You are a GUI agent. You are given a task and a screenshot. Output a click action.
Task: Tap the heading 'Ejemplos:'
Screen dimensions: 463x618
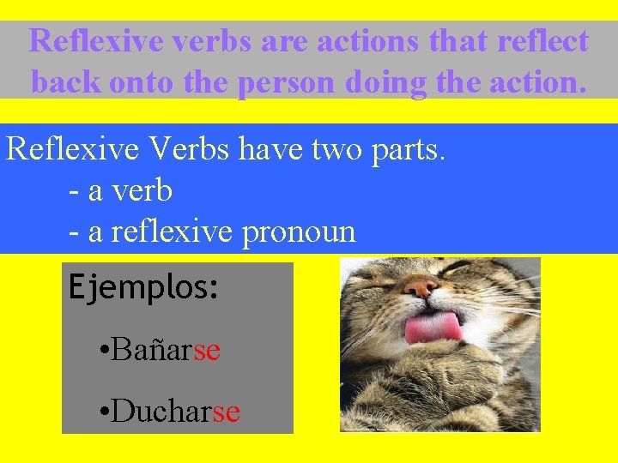(x=143, y=286)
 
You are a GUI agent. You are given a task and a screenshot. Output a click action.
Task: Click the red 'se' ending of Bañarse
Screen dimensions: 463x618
(x=207, y=349)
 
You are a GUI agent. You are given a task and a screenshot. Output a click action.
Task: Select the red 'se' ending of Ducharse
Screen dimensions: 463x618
(x=226, y=412)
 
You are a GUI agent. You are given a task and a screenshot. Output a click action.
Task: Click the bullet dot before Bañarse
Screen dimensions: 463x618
(x=102, y=351)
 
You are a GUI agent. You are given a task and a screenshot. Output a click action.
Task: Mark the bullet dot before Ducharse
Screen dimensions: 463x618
(x=102, y=413)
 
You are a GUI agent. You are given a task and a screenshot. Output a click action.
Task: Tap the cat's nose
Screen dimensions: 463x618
(x=419, y=286)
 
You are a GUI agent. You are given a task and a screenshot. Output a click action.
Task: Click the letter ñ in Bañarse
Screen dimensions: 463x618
(x=165, y=349)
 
